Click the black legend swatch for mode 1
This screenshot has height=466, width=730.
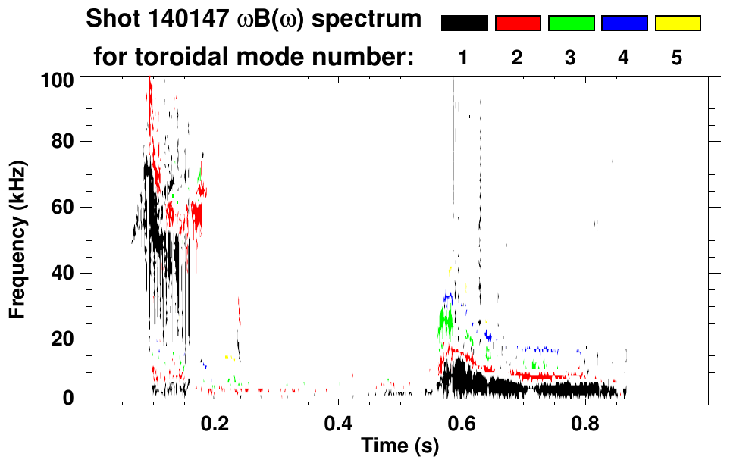[x=464, y=23]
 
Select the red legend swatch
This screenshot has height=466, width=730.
[x=518, y=23]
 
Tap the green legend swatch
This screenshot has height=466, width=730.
[x=571, y=23]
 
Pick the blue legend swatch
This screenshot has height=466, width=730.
[x=624, y=23]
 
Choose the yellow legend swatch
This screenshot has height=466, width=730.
[x=678, y=23]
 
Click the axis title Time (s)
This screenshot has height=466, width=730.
[x=399, y=447]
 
